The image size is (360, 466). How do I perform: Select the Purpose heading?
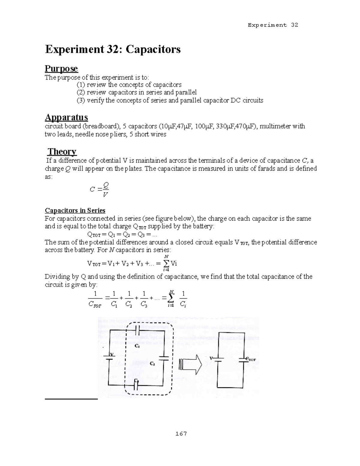point(61,69)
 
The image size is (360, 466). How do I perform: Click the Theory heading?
point(62,151)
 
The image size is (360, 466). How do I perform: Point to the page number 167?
point(181,434)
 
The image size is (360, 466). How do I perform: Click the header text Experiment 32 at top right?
point(273,25)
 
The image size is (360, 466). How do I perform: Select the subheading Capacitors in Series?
point(75,210)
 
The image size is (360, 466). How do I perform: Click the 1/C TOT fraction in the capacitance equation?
point(95,299)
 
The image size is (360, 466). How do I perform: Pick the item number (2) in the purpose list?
point(81,92)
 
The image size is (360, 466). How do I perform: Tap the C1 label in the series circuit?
point(137,346)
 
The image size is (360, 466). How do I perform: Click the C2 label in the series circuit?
point(152,364)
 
